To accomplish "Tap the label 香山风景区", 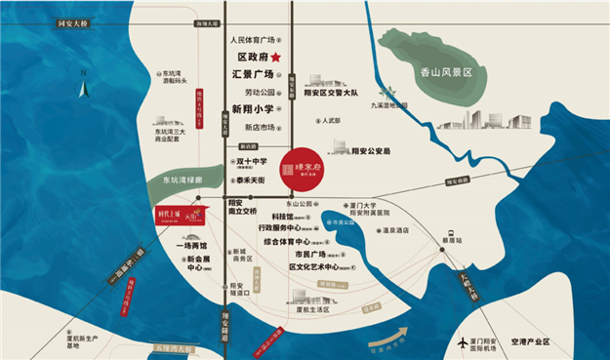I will pos(445,73).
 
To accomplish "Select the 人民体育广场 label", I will pos(253,42).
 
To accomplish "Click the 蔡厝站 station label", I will pos(451,237).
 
